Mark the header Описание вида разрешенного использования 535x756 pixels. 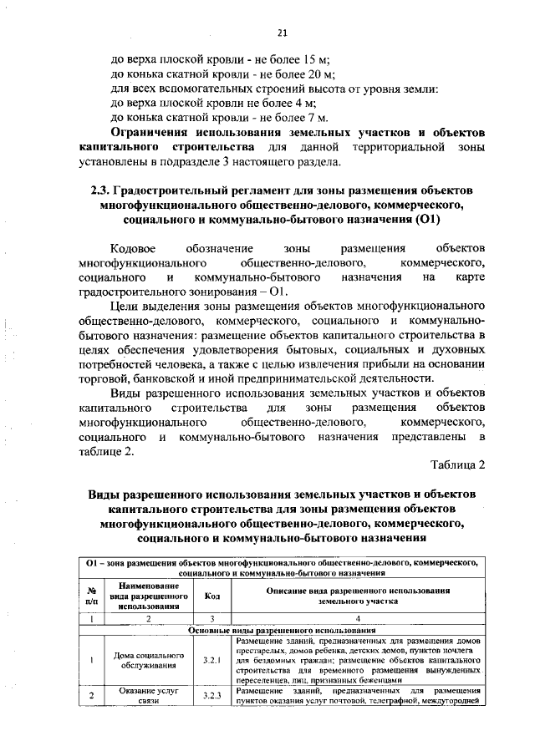tap(358, 596)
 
